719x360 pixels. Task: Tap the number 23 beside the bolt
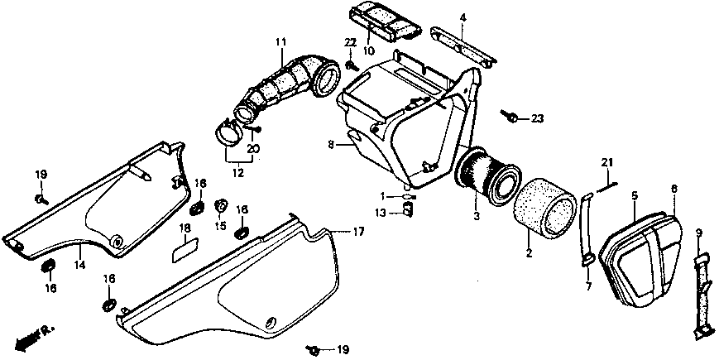[538, 119]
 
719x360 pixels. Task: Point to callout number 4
[463, 17]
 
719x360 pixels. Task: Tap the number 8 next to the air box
[330, 144]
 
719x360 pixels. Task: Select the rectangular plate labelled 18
[185, 247]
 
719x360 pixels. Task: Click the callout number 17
[358, 232]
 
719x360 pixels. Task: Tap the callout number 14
[79, 265]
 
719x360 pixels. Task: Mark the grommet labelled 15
[221, 206]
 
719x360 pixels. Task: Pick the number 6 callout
[674, 190]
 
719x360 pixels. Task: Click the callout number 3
[476, 217]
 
